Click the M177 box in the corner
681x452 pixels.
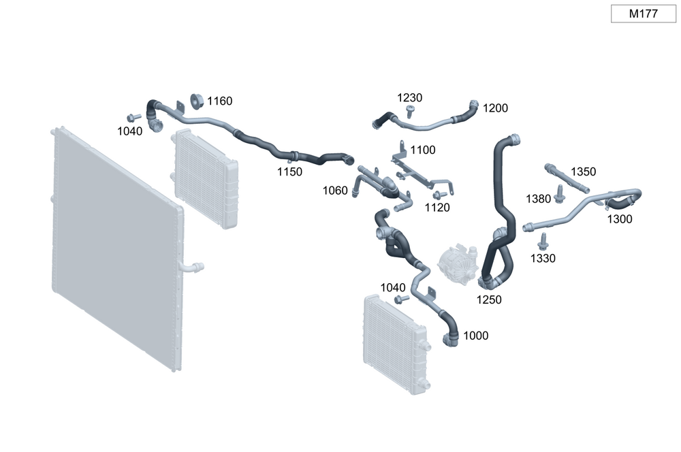[x=643, y=14]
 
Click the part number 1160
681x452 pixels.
[x=220, y=101]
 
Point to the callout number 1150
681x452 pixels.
[x=289, y=172]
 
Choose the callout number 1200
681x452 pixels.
[x=495, y=108]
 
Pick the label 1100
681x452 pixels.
[x=423, y=150]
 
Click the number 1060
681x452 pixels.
[x=335, y=190]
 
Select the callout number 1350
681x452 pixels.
[x=583, y=172]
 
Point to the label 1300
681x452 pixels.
[x=620, y=219]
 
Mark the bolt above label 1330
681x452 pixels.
[x=543, y=242]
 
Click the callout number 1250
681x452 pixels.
[x=489, y=300]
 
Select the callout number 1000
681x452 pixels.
[x=475, y=336]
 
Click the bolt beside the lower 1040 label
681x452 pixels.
[x=402, y=299]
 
